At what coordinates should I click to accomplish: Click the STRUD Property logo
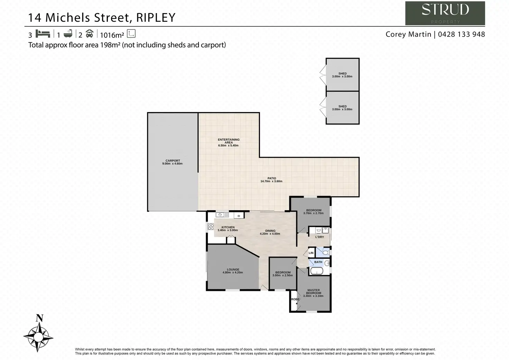pos(445,13)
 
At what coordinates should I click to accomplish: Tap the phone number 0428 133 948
pos(461,34)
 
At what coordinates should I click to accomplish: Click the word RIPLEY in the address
pos(156,18)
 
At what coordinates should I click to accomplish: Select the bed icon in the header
pos(43,34)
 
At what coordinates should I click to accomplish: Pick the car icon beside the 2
pos(90,34)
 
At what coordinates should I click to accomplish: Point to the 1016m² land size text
pos(112,35)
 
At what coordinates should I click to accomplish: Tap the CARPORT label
pos(173,162)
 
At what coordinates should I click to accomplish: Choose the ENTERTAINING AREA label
pos(229,142)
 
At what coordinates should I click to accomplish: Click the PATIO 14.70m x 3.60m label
pos(271,180)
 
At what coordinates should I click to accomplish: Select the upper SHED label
pos(342,75)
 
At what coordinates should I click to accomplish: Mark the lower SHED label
pos(342,108)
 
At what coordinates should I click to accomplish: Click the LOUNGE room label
pos(233,271)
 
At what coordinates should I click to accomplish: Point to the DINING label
pos(270,232)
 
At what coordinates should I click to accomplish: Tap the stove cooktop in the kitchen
pos(211,227)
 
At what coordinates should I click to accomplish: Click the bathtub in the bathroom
pos(316,271)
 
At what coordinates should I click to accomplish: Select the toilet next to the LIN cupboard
pos(325,253)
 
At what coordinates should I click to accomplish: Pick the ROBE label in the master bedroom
pos(295,299)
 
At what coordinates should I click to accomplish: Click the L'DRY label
pos(320,237)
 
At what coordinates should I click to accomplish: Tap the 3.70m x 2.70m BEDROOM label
pos(314,212)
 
